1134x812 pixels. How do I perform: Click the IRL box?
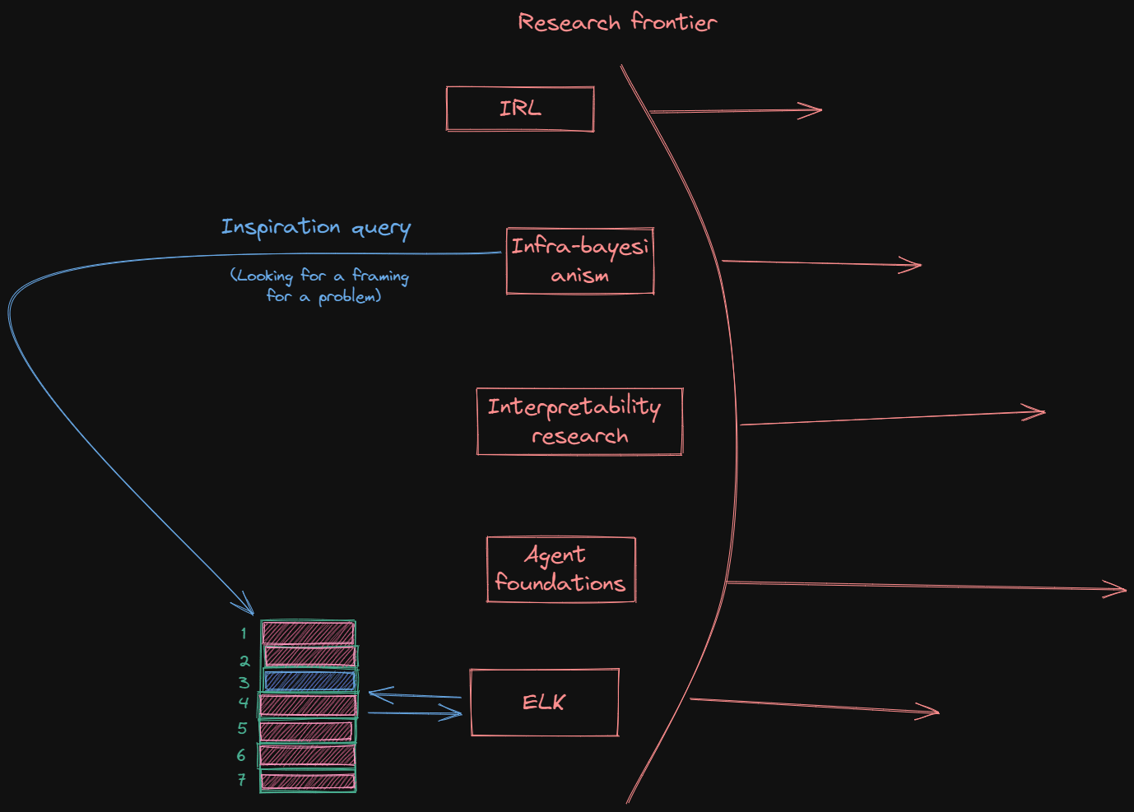point(520,109)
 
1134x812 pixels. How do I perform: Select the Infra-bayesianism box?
point(580,261)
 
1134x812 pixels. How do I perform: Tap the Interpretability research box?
point(579,421)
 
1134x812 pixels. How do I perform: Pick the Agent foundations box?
point(560,569)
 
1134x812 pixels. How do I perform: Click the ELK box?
point(544,703)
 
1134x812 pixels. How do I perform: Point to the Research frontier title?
point(617,22)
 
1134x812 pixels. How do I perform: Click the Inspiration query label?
point(316,227)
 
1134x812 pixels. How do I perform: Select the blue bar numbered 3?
point(309,680)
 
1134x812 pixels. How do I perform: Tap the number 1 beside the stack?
point(244,633)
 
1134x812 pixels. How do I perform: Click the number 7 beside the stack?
point(242,779)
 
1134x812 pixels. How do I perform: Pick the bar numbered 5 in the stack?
point(308,731)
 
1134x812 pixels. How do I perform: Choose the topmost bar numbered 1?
point(309,633)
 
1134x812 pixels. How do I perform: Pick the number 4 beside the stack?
point(244,703)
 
